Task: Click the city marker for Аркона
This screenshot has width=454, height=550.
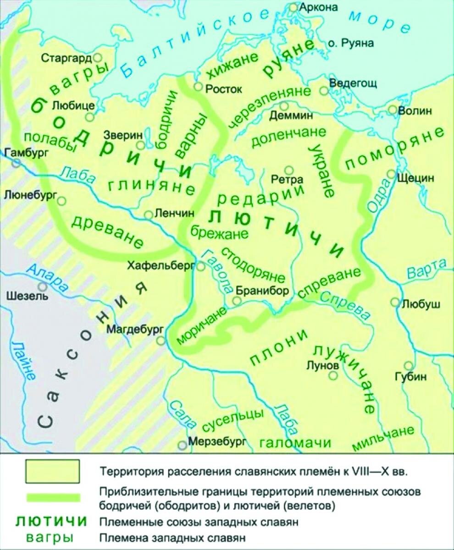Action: pyautogui.click(x=293, y=7)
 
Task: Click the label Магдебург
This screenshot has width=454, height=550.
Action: pyautogui.click(x=133, y=329)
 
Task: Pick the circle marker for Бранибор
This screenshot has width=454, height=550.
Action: pyautogui.click(x=237, y=300)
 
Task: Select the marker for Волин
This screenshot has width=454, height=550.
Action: pyautogui.click(x=393, y=110)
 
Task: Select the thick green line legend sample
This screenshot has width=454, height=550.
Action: pyautogui.click(x=53, y=497)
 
